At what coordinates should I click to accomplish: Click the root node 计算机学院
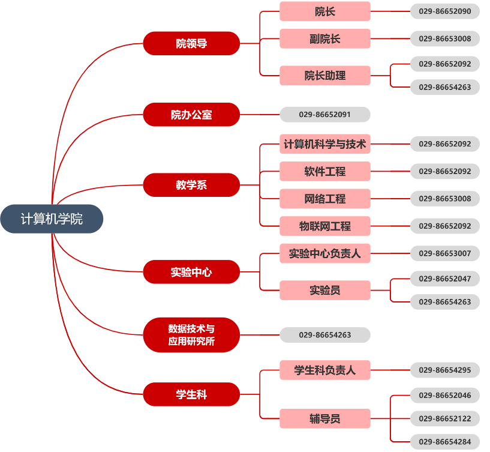[52, 219]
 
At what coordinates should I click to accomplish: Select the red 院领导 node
[191, 43]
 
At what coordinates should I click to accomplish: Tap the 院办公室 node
[191, 115]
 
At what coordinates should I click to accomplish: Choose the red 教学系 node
[191, 185]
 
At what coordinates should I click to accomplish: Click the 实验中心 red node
[191, 272]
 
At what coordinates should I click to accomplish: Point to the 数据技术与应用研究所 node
[191, 335]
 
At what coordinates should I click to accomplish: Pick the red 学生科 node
[191, 394]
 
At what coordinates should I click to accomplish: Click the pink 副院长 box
[325, 39]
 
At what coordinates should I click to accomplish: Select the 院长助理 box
[325, 76]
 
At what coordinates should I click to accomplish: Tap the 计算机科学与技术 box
[325, 144]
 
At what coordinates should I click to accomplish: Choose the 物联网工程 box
[325, 226]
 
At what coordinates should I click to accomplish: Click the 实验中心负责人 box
[325, 254]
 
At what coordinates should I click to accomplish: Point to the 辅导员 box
[325, 418]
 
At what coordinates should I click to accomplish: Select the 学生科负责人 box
[325, 370]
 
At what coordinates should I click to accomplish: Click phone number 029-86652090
[445, 11]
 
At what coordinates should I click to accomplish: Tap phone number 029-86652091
[325, 115]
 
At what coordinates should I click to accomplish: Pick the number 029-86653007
[445, 254]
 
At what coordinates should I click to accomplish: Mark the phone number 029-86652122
[445, 418]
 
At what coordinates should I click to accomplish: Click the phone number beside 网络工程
[445, 199]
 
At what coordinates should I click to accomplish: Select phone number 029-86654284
[445, 442]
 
